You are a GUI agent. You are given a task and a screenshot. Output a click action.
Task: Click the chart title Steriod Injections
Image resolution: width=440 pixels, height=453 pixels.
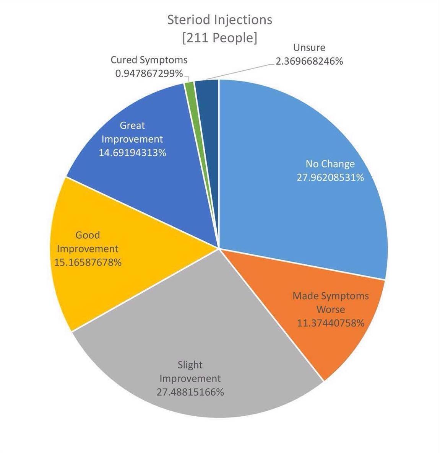pyautogui.click(x=220, y=20)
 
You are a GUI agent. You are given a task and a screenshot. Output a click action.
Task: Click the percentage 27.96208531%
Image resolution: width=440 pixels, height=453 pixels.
pyautogui.click(x=330, y=178)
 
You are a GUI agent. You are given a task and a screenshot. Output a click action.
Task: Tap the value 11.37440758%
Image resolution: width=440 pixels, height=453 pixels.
pyautogui.click(x=331, y=323)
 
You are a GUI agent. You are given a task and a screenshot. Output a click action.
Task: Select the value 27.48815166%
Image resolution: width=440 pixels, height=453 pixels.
pyautogui.click(x=190, y=392)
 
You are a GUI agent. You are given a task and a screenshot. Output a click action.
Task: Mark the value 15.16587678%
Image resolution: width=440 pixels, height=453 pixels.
pyautogui.click(x=88, y=262)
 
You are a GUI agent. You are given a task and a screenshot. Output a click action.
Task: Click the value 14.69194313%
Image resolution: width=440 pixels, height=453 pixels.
pyautogui.click(x=132, y=153)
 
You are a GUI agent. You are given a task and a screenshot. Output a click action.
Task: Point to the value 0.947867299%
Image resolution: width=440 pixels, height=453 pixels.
pyautogui.click(x=149, y=73)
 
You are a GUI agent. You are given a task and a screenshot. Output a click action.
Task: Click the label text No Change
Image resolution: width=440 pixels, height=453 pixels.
pyautogui.click(x=330, y=164)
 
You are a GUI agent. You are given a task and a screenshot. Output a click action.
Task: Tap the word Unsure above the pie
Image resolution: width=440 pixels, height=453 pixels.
pyautogui.click(x=309, y=48)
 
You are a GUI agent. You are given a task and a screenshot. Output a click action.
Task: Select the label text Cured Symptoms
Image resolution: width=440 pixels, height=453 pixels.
pyautogui.click(x=149, y=60)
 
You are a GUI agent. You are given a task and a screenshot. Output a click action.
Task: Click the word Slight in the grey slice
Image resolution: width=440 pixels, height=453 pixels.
pyautogui.click(x=190, y=365)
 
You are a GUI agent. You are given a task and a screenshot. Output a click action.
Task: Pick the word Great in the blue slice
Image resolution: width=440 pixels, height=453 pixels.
pyautogui.click(x=132, y=125)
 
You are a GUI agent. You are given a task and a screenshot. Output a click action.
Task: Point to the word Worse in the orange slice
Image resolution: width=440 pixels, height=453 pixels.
pyautogui.click(x=331, y=310)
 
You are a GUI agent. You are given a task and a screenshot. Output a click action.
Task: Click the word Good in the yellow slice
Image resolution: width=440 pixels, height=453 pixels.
pyautogui.click(x=88, y=235)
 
